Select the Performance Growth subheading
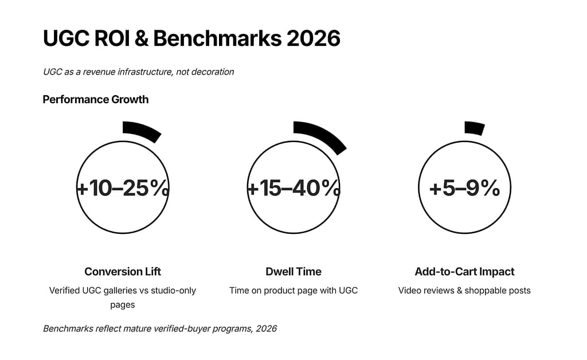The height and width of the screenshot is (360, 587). tap(95, 100)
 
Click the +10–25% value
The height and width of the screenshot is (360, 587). tap(123, 188)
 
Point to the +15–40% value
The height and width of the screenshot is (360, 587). tap(293, 188)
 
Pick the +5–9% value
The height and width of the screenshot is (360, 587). tap(464, 188)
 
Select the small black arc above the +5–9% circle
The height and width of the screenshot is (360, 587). tap(475, 128)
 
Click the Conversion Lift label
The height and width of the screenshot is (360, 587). tap(123, 272)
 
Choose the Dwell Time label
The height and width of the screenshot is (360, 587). tap(293, 272)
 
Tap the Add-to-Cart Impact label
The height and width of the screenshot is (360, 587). tap(464, 272)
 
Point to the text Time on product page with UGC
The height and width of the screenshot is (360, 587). tap(293, 291)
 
